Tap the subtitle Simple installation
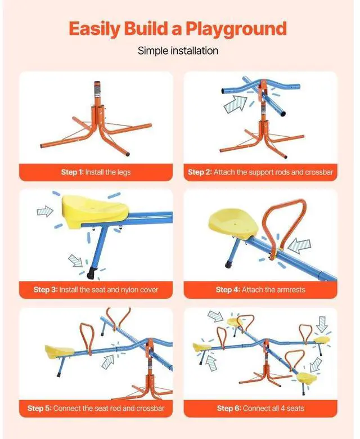pyautogui.click(x=178, y=51)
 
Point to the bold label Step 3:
pyautogui.click(x=45, y=290)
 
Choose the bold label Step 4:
pyautogui.click(x=228, y=290)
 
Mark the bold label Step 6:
pyautogui.click(x=229, y=408)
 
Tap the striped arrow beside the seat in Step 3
pyautogui.click(x=45, y=212)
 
